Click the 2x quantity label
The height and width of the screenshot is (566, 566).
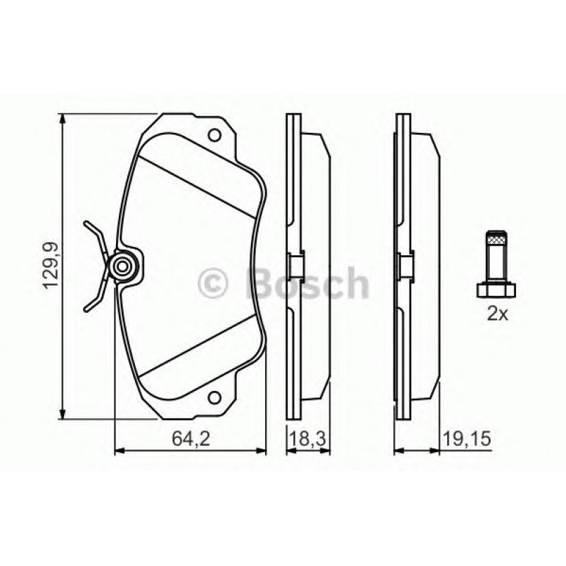[x=496, y=315]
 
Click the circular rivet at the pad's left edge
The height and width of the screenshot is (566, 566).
[x=124, y=266]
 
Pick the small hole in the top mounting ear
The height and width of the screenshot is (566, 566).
[x=216, y=135]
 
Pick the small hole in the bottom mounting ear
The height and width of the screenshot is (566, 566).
[x=216, y=398]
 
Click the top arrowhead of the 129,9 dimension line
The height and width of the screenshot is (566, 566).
[x=64, y=119]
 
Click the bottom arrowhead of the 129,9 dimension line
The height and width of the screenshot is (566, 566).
[x=64, y=414]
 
